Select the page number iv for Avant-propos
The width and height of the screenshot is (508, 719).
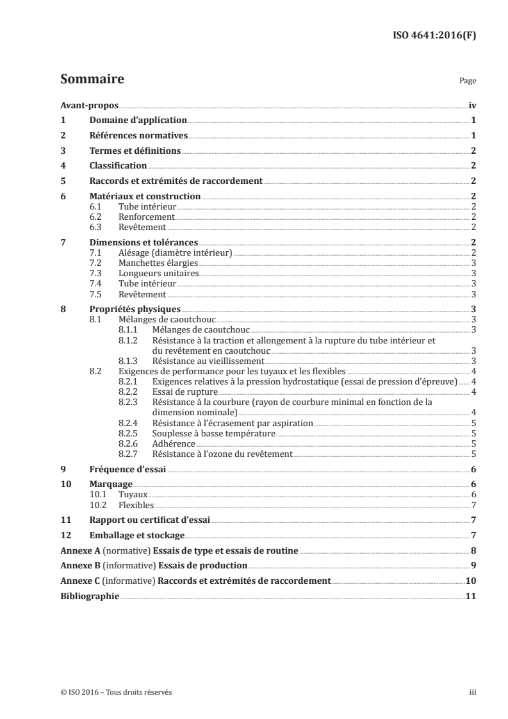pos(471,106)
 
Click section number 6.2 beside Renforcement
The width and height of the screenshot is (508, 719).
pos(96,217)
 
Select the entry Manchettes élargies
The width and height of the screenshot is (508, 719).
pos(152,263)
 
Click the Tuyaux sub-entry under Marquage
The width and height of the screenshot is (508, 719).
pos(133,494)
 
